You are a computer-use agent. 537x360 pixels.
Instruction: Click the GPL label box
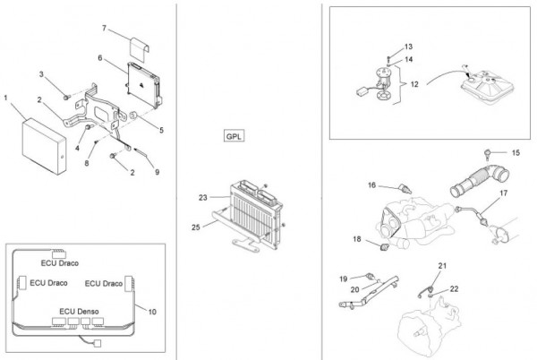(234, 138)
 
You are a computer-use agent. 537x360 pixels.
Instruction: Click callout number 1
(6, 96)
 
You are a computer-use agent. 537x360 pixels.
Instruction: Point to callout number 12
(414, 84)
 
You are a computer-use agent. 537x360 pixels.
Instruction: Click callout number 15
(516, 152)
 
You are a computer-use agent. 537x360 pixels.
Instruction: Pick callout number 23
(203, 195)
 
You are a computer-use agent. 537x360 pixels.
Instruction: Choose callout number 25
(196, 228)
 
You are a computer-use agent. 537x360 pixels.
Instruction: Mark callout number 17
(504, 193)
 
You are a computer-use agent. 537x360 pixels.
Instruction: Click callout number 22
(454, 288)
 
